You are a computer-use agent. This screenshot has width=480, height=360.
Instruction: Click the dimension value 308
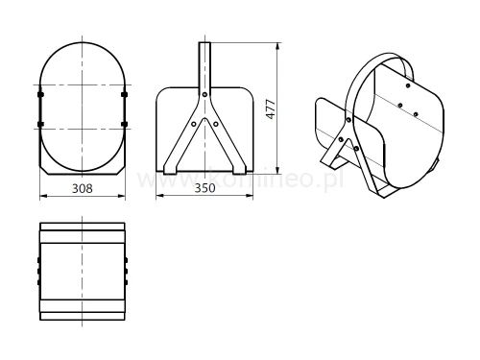(83, 189)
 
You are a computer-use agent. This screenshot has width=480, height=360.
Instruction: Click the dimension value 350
(204, 189)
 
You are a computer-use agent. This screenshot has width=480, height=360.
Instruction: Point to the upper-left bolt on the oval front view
(39, 95)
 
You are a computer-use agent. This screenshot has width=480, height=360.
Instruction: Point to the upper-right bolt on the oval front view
(125, 95)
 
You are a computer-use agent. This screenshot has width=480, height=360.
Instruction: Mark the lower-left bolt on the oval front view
(39, 124)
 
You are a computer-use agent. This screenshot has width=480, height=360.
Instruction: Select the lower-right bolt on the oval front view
(125, 124)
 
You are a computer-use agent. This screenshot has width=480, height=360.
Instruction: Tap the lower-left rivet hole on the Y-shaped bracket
(193, 122)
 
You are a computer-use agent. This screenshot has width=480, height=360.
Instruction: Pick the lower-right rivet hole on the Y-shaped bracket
(215, 122)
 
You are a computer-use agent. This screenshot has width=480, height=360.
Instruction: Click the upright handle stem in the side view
(204, 62)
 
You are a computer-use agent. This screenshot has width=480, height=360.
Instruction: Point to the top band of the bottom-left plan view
(83, 231)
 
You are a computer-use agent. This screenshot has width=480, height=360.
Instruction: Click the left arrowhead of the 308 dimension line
(42, 197)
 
